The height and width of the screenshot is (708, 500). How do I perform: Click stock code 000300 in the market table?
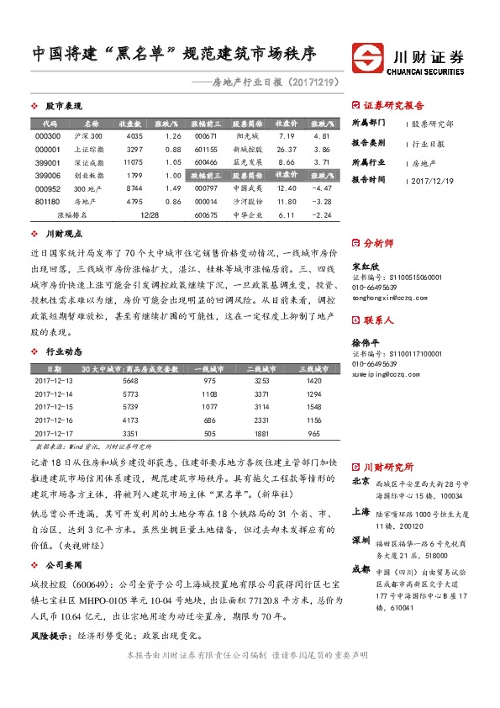[x=47, y=135]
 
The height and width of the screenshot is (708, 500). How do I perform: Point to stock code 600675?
[x=205, y=214]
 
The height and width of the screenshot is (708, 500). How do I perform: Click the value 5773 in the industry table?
[x=129, y=394]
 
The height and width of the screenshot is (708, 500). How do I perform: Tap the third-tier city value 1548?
[x=313, y=406]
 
